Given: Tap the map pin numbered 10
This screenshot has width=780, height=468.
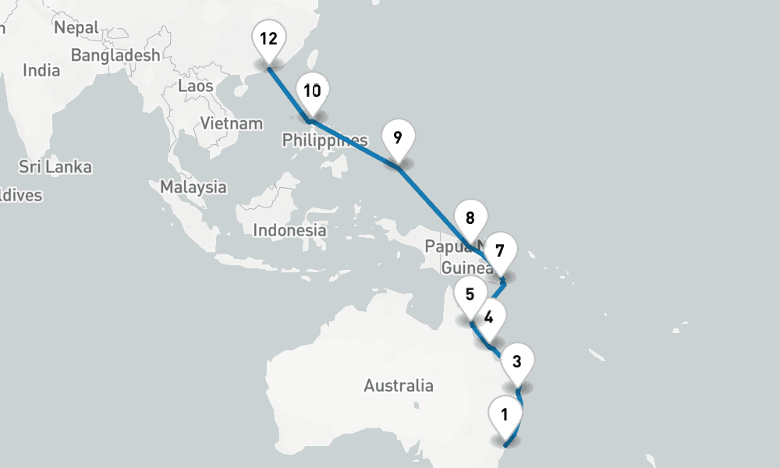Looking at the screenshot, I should [x=312, y=92].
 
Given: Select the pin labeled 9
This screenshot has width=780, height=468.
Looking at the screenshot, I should [x=397, y=139].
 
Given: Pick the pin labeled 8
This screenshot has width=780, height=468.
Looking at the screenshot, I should [x=470, y=219].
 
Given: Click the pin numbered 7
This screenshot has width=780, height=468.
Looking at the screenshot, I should [x=500, y=252].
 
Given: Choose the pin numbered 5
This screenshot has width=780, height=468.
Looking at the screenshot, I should [x=470, y=296].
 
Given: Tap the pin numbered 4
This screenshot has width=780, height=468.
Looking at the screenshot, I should [x=489, y=317].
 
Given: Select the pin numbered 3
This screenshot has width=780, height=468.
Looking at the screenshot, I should [x=517, y=362].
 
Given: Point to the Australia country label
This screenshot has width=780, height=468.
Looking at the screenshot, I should [x=398, y=385].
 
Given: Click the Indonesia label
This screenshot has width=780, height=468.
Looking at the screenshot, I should [x=289, y=230].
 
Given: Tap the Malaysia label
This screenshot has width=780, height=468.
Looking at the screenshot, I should [x=193, y=187].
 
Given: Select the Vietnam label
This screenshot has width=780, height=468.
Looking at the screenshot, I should [x=232, y=123].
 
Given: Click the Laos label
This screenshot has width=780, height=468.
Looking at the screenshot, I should [x=195, y=86].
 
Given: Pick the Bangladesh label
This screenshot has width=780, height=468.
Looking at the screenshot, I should [x=115, y=55].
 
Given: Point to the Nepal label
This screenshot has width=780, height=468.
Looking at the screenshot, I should [x=76, y=28].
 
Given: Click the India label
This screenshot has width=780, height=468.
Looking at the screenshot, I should [x=41, y=70].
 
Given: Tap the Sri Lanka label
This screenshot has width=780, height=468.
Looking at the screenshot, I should [x=55, y=167].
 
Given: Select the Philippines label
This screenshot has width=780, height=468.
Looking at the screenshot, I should [x=324, y=140].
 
